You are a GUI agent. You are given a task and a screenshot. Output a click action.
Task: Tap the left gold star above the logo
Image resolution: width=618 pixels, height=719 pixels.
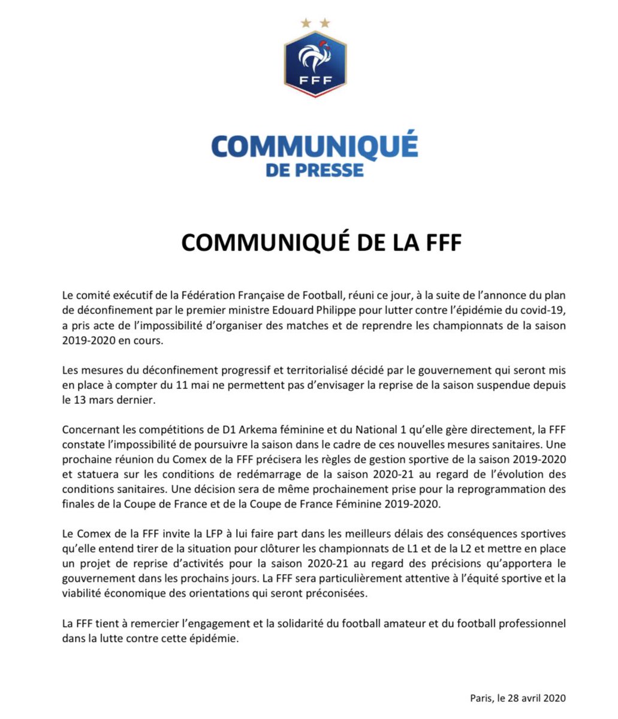pos(306,23)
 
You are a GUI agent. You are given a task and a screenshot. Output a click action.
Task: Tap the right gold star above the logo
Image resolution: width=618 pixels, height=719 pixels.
pos(325,23)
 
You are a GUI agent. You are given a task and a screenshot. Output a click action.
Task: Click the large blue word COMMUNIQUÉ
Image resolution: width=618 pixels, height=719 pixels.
pos(315,147)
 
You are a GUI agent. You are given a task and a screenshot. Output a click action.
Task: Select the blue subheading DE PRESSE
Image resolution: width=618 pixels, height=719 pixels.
pos(315,170)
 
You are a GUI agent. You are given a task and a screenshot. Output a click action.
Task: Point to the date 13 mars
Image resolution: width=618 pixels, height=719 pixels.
pos(94,400)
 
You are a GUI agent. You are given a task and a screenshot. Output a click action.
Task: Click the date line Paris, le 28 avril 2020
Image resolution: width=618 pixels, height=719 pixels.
pos(518,698)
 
